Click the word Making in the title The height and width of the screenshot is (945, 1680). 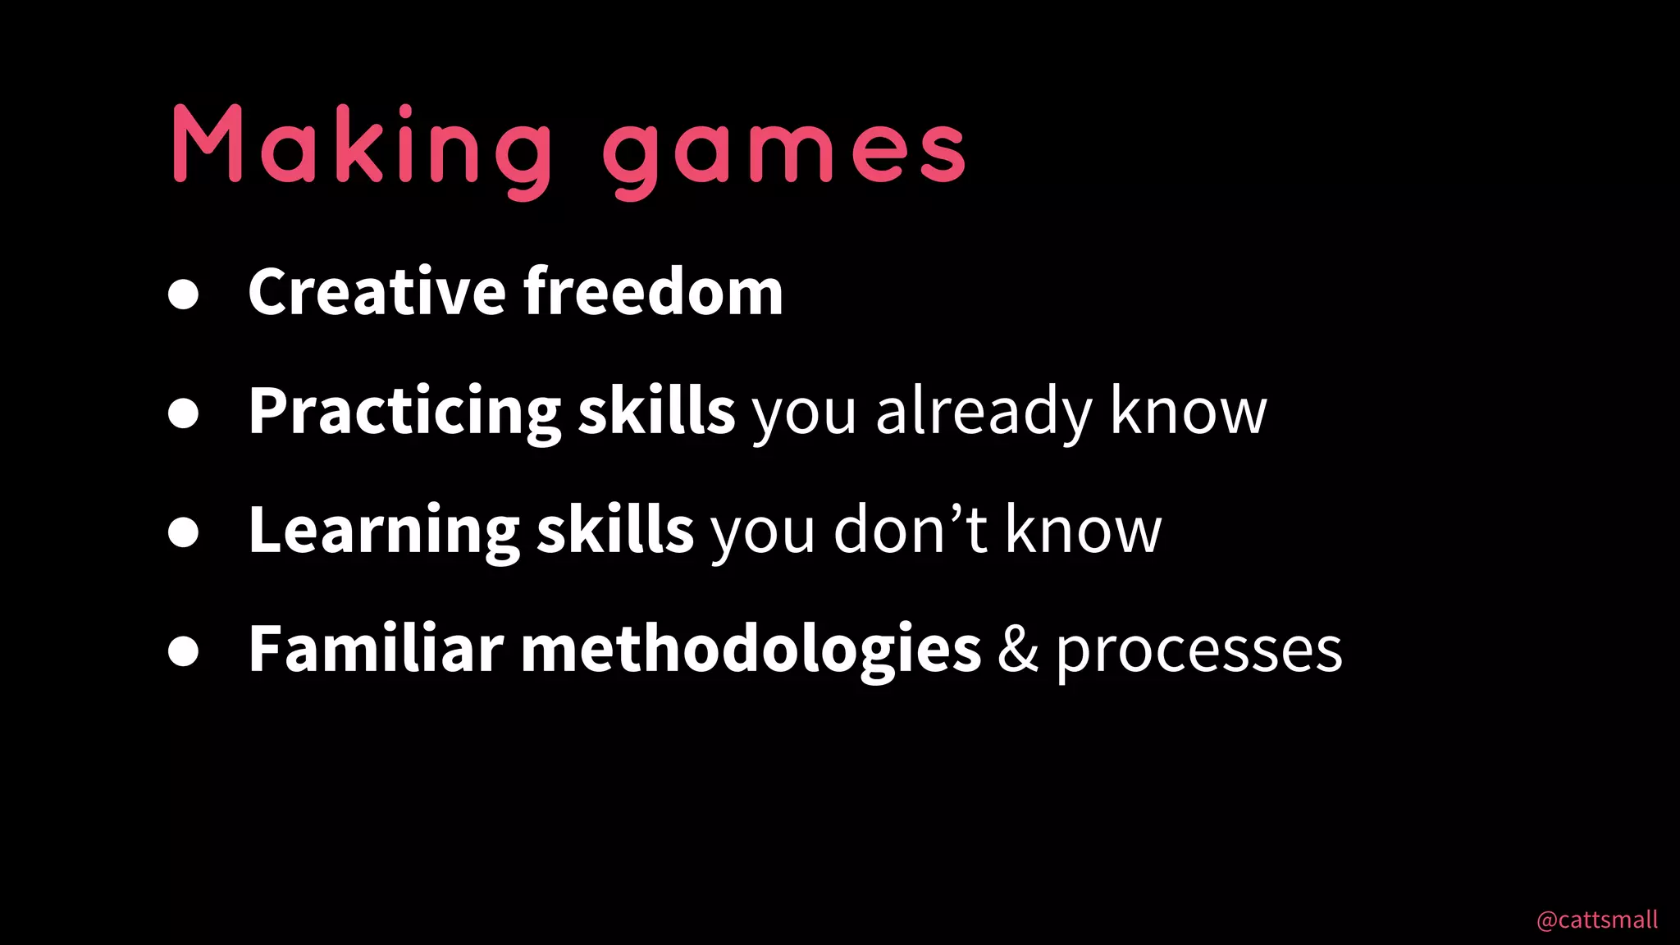tap(361, 146)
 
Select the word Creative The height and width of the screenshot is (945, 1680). tap(377, 291)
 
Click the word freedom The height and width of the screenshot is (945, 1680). tap(654, 291)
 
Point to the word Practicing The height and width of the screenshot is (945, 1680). tap(404, 412)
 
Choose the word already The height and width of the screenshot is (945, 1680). tap(983, 412)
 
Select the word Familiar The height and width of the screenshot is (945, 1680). tap(376, 649)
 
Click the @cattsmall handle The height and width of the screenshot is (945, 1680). tap(1596, 920)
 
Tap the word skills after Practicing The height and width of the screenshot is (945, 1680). tap(656, 412)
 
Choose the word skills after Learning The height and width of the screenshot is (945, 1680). tap(615, 531)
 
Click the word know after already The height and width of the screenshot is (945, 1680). tap(1188, 412)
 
